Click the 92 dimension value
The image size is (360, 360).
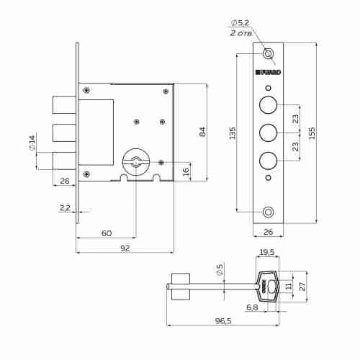125,248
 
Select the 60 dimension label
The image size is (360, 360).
106,233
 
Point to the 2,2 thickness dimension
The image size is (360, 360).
66,207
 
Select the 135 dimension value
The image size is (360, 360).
232,134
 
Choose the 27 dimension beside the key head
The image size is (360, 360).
302,286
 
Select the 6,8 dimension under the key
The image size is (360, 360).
252,307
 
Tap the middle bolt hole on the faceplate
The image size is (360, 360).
268,133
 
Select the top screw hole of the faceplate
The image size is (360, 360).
269,54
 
